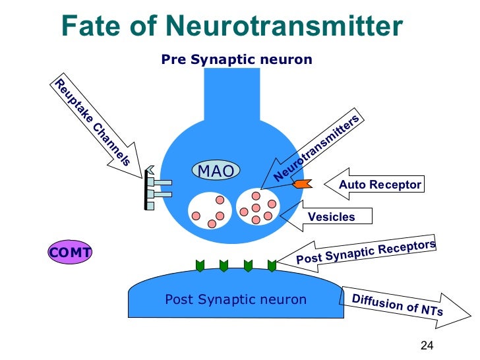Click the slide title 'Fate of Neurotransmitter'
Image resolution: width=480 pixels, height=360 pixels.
pos(231,26)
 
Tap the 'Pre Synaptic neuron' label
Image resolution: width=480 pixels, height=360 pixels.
pos(237,60)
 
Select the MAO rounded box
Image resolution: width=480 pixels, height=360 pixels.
pos(216,171)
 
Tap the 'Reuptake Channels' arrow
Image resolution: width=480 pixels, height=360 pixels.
pos(94,125)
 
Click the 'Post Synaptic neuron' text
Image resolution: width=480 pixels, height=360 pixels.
pos(235,299)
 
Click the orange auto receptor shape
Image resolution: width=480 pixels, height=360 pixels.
pos(301,184)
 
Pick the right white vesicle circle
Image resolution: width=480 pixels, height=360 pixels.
pos(258,206)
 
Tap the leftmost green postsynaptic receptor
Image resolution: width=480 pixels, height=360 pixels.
pos(200,265)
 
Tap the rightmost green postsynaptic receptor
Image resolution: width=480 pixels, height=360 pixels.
pos(272,265)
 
